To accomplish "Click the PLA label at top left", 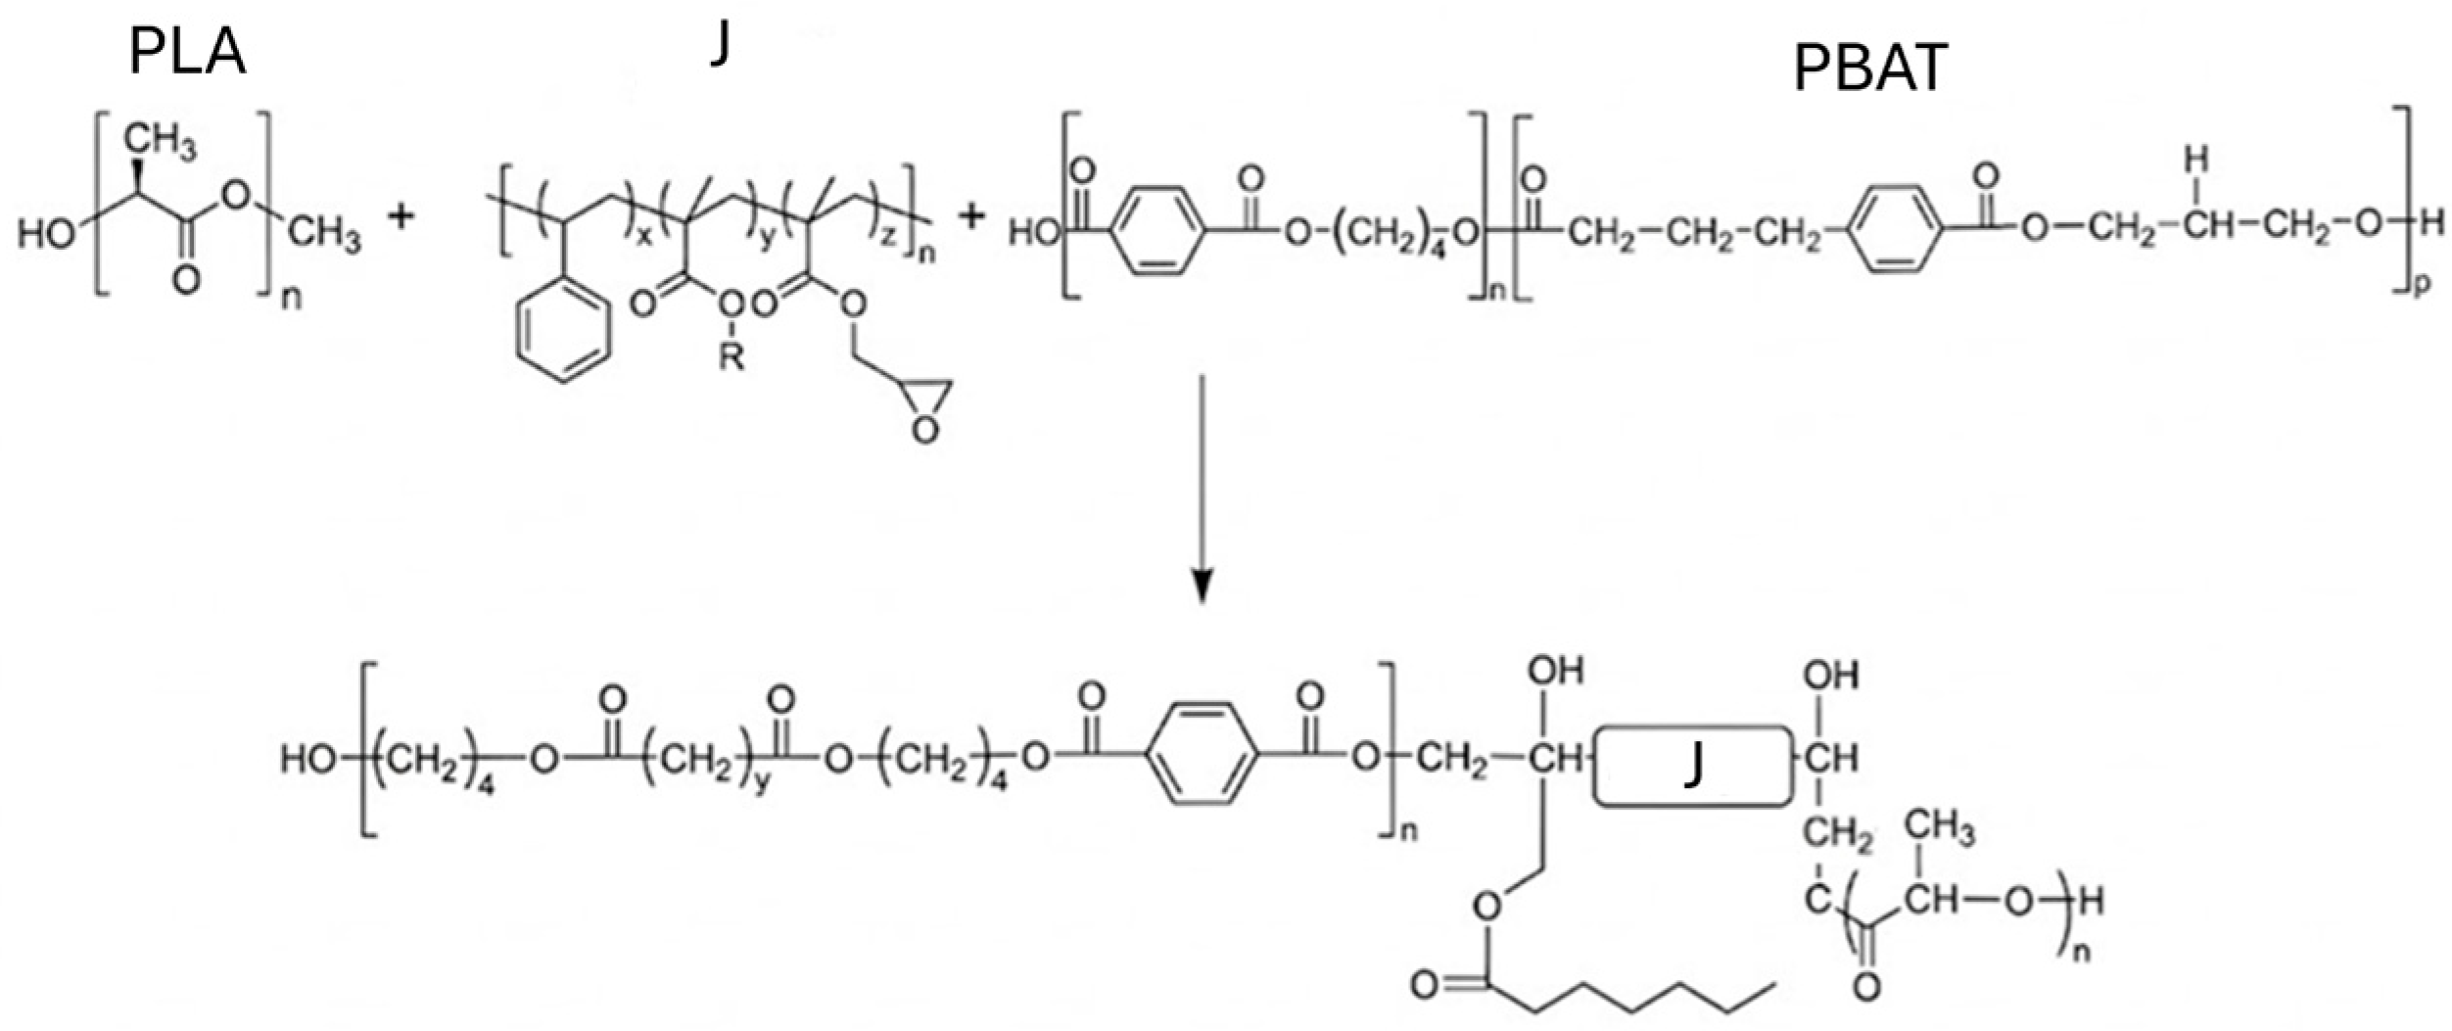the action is click(x=187, y=54).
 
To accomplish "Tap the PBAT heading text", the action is click(x=1869, y=70).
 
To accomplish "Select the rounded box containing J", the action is click(x=1691, y=767).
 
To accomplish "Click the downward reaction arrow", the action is click(x=1203, y=490).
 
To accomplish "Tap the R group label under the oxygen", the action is click(x=731, y=357).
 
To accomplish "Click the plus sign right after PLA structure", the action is click(x=401, y=216).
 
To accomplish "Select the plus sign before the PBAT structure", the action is click(x=970, y=216).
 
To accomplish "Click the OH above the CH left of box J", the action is click(x=1556, y=672).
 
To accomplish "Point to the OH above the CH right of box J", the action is click(x=1830, y=675).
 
